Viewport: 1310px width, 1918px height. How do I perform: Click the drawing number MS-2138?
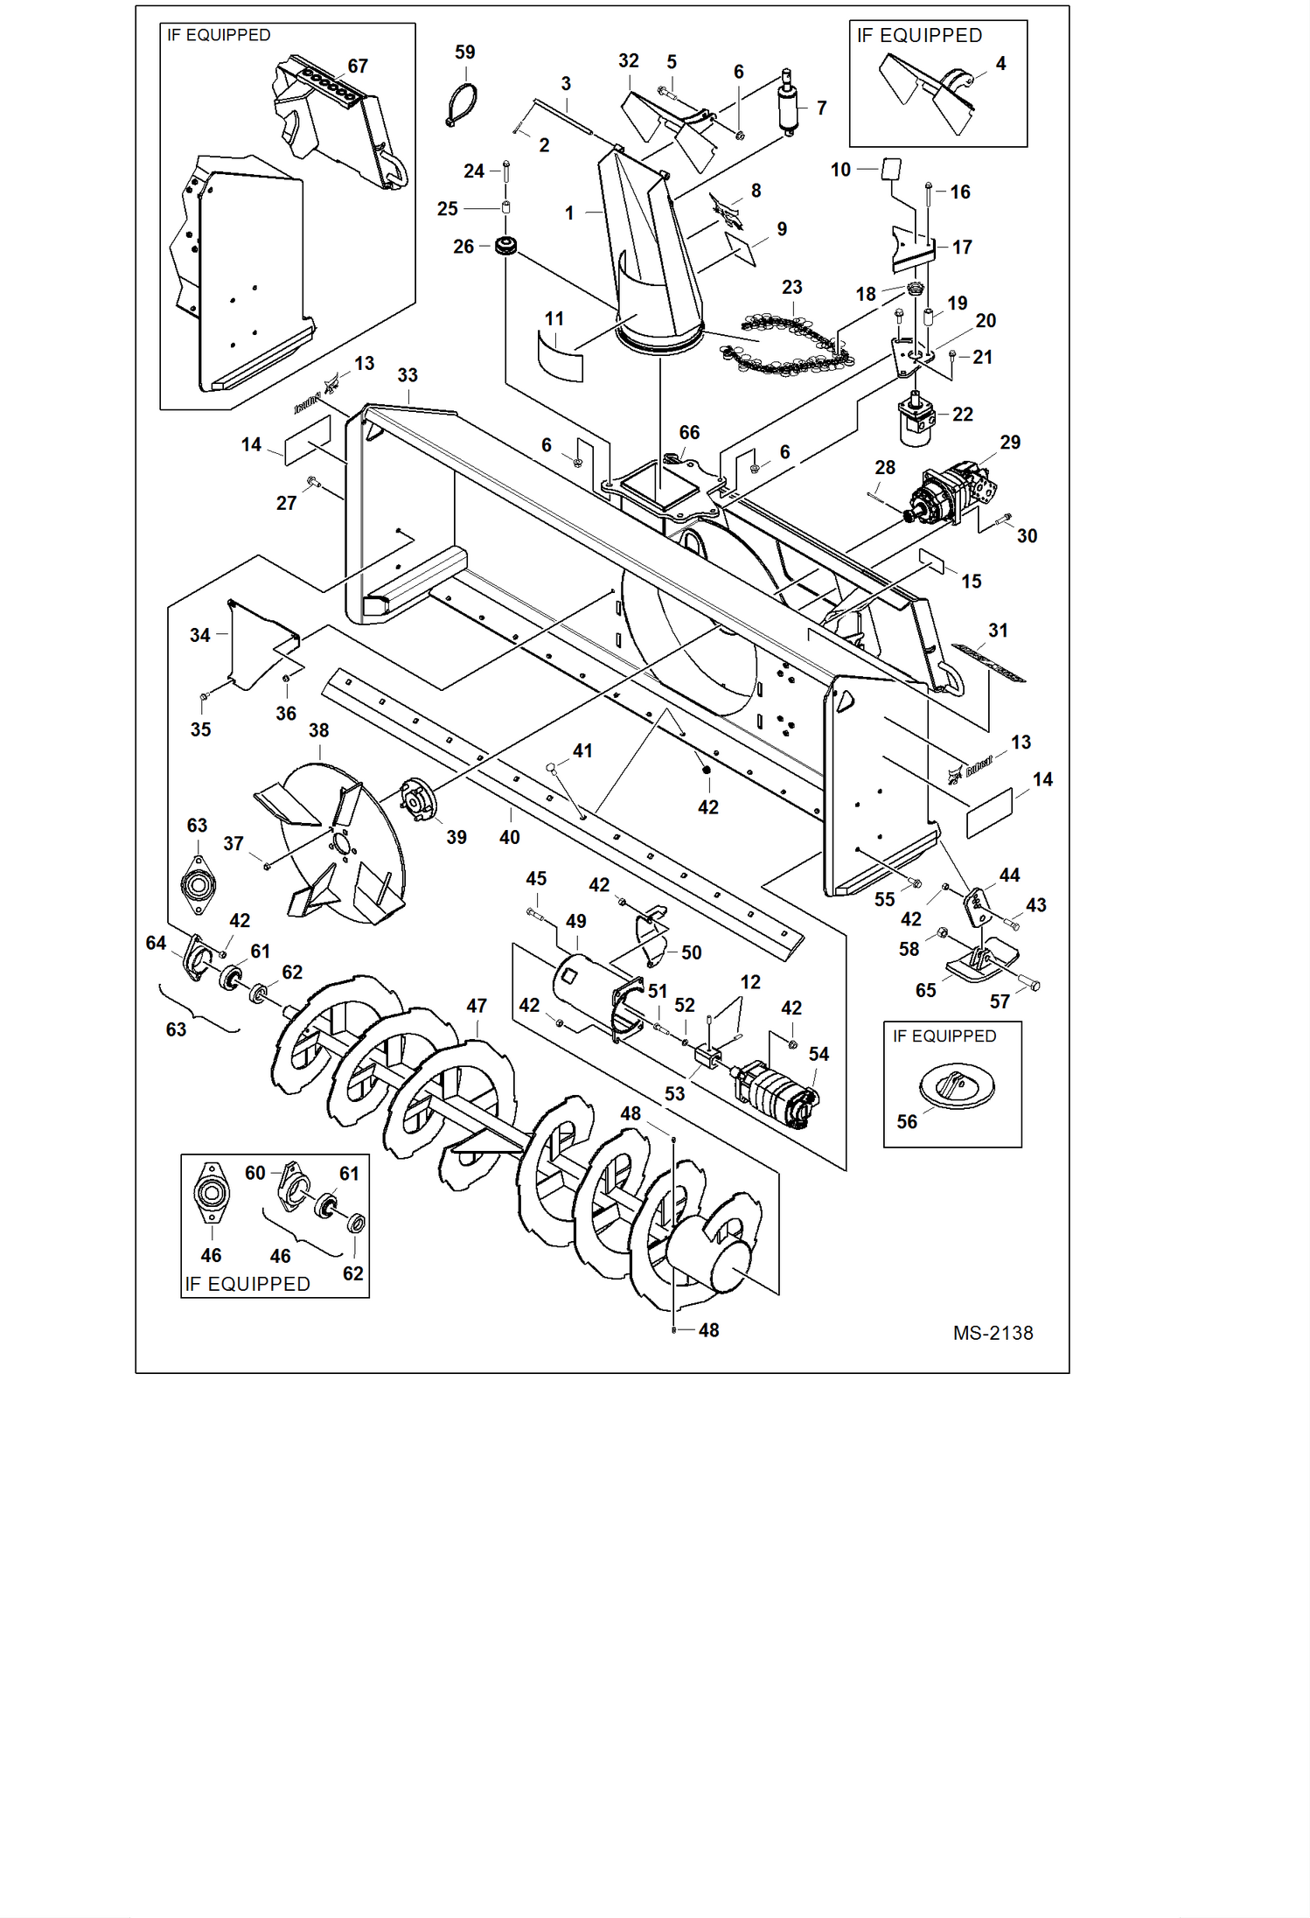tap(993, 1333)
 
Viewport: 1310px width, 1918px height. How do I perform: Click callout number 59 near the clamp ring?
tap(464, 52)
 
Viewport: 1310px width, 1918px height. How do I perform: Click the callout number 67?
tap(358, 66)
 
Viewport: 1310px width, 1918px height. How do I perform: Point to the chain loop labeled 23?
tap(787, 345)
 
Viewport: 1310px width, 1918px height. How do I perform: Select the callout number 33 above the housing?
tap(408, 375)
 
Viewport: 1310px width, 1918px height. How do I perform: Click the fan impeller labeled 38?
tap(337, 844)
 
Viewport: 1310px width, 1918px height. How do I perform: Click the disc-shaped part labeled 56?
tap(957, 1087)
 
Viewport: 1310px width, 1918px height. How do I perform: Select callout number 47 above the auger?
tap(477, 1006)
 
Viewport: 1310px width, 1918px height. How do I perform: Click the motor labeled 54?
tap(777, 1093)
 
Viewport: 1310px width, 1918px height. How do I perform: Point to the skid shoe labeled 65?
tap(981, 962)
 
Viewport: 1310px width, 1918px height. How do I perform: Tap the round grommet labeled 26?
tap(505, 246)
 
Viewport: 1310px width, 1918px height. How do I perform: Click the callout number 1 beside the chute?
tap(569, 213)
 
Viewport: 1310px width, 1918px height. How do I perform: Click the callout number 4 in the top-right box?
tap(1000, 64)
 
